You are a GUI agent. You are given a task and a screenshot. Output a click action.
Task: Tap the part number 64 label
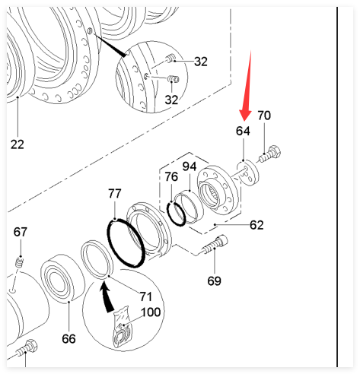pyautogui.click(x=243, y=131)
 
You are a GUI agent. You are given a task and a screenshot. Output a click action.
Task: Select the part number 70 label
pyautogui.click(x=264, y=116)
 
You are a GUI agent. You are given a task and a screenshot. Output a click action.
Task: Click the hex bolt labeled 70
pyautogui.click(x=270, y=154)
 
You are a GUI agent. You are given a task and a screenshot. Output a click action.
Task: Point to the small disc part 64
pyautogui.click(x=248, y=173)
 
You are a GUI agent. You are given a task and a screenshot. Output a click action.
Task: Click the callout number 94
pyautogui.click(x=190, y=166)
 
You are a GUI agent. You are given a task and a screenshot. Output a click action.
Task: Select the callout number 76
pyautogui.click(x=171, y=176)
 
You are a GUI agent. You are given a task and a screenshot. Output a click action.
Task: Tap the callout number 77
pyautogui.click(x=115, y=194)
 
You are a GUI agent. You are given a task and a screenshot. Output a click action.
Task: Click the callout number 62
pyautogui.click(x=256, y=225)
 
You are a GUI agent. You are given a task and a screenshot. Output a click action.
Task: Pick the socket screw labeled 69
pyautogui.click(x=215, y=244)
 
